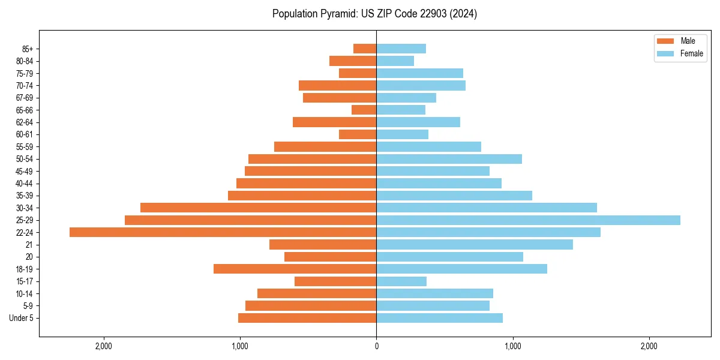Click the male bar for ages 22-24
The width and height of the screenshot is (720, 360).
223,232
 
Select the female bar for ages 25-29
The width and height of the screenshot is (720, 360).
528,220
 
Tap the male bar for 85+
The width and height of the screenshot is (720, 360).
365,49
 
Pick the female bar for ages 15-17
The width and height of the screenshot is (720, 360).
401,281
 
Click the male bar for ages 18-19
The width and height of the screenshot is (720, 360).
295,269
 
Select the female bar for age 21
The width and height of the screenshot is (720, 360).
475,245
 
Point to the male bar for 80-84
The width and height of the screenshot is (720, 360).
353,61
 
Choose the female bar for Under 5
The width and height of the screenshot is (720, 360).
439,318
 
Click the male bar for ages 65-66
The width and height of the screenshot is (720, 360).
364,110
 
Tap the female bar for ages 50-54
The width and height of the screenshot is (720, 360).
449,159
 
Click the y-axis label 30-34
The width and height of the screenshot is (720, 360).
25,208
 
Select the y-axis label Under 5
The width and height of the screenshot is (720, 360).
21,318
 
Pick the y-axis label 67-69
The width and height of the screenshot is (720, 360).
25,98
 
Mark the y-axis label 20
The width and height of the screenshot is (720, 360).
29,257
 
